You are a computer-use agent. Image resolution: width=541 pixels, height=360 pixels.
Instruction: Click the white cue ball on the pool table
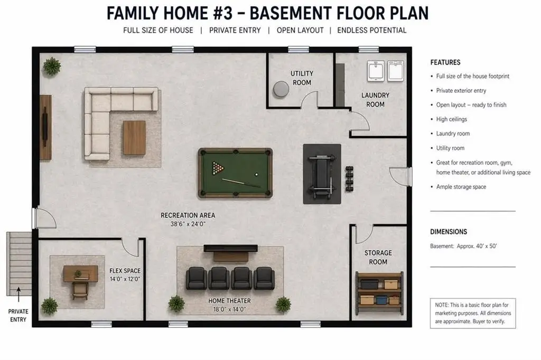pyautogui.click(x=256, y=175)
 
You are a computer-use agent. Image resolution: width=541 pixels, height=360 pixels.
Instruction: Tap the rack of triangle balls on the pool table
pyautogui.click(x=218, y=168)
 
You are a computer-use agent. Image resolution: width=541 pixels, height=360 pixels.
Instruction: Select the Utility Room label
pyautogui.click(x=302, y=78)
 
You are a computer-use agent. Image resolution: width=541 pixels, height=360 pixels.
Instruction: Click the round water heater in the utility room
pyautogui.click(x=281, y=89)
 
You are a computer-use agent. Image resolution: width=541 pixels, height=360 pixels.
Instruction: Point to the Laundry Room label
pyautogui.click(x=376, y=100)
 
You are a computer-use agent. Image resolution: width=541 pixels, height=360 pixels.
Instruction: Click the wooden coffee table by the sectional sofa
pyautogui.click(x=134, y=138)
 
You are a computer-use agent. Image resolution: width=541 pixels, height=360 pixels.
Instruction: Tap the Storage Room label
pyautogui.click(x=378, y=257)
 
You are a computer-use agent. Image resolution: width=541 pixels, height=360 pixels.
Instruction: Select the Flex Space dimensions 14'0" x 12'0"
pyautogui.click(x=125, y=279)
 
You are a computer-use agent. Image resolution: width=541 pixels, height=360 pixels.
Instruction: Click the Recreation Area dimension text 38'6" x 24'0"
pyautogui.click(x=188, y=224)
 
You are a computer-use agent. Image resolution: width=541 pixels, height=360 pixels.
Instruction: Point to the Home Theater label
pyautogui.click(x=229, y=301)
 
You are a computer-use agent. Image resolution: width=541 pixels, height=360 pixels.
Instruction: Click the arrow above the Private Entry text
pyautogui.click(x=18, y=295)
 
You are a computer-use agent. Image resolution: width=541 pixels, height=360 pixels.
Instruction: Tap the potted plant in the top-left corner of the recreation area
pyautogui.click(x=52, y=66)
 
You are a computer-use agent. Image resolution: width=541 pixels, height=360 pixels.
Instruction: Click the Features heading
pyautogui.click(x=445, y=62)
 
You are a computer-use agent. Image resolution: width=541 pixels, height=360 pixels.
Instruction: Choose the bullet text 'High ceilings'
pyautogui.click(x=451, y=119)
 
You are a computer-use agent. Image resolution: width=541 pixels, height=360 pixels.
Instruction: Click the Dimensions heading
pyautogui.click(x=449, y=232)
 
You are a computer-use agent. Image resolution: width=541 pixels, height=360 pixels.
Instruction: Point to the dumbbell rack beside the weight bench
pyautogui.click(x=349, y=178)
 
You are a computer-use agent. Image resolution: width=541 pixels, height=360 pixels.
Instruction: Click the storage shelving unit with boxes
pyautogui.click(x=379, y=293)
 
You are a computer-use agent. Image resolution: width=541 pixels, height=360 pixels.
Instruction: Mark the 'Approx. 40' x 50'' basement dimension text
pyautogui.click(x=477, y=246)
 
